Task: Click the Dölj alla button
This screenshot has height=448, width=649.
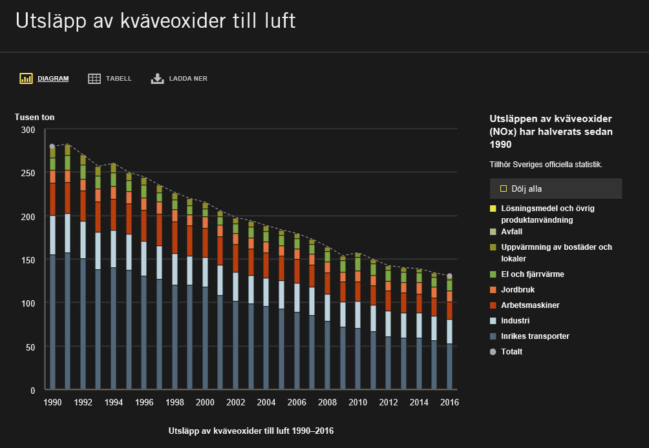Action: (x=555, y=189)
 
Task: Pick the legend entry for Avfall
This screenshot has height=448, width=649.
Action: (x=511, y=231)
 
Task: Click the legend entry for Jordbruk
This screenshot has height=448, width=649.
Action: (x=518, y=290)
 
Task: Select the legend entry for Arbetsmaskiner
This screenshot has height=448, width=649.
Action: (x=529, y=305)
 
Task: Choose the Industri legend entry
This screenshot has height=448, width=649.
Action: (x=515, y=321)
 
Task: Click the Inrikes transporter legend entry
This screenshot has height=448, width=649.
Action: (x=535, y=336)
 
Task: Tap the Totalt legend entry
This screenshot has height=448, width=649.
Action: (x=511, y=352)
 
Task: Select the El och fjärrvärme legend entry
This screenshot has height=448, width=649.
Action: (x=532, y=274)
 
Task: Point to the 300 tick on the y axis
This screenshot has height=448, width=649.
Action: (x=28, y=130)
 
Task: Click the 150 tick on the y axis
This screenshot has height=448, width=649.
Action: (x=28, y=260)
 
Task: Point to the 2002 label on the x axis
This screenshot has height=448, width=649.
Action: (x=235, y=402)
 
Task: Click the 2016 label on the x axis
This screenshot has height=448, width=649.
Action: (x=449, y=402)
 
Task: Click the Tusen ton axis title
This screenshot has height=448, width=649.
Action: (x=35, y=117)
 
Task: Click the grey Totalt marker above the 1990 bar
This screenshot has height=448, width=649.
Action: (x=52, y=147)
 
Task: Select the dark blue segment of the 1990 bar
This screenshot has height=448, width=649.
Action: (x=52, y=323)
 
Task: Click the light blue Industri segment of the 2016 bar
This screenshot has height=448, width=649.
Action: (x=449, y=331)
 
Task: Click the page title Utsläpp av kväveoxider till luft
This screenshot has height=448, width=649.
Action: (x=155, y=21)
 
